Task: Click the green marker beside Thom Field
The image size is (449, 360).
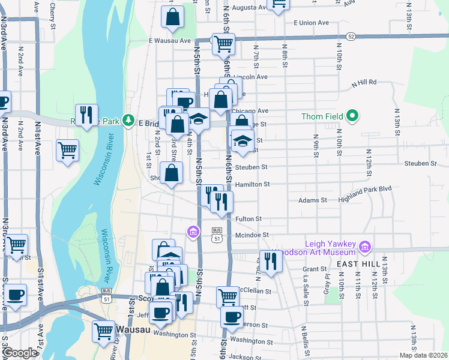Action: (353, 116)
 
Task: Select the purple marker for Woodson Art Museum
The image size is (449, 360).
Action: (364, 247)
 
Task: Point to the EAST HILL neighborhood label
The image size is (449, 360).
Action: (356, 263)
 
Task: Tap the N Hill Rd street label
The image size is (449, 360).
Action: (364, 82)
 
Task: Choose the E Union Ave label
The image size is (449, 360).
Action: (311, 23)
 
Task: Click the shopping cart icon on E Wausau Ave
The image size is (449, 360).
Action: (223, 43)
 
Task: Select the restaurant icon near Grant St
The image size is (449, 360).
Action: (271, 260)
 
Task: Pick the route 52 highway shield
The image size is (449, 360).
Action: (351, 37)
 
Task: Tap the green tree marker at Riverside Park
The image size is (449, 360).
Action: (128, 121)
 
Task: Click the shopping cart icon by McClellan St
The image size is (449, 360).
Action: (228, 296)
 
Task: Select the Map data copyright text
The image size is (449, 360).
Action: (423, 355)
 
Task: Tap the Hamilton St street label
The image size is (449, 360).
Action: (253, 185)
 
